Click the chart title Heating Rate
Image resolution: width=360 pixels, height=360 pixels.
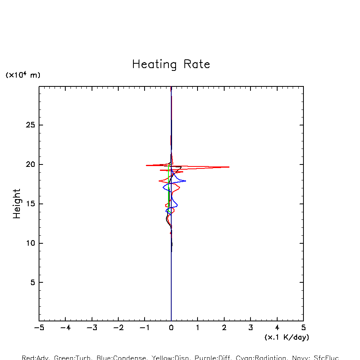pos(171,65)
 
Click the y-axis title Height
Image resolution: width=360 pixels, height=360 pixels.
pos(17,203)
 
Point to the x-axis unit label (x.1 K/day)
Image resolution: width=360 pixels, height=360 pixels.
pos(287,337)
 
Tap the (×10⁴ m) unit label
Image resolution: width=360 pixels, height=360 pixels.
pos(23,75)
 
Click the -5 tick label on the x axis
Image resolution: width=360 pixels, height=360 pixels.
pos(39,328)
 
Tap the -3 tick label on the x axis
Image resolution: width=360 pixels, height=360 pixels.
pos(92,328)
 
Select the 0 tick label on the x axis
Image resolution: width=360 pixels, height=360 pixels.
pos(171,328)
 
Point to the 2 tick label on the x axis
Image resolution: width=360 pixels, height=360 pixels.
pos(224,328)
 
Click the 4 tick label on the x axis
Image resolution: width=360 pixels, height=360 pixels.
pos(277,328)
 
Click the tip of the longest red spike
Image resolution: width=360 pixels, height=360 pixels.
pos(229,167)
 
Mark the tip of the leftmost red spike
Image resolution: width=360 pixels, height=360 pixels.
pos(146,165)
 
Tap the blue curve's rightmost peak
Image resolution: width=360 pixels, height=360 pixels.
pos(186,181)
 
